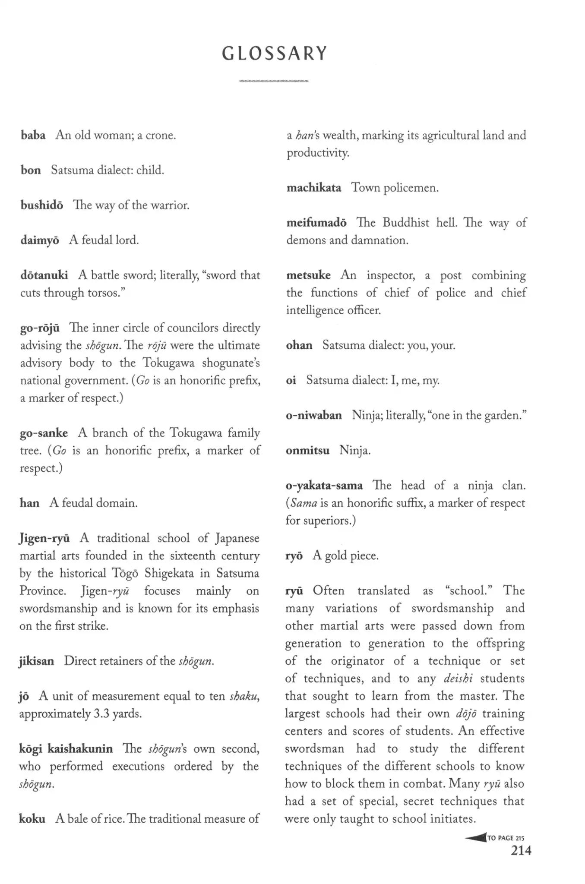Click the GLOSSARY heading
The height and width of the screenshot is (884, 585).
[x=275, y=54]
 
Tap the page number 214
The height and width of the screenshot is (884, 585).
[x=521, y=851]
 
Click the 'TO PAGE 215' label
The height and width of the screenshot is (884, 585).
[x=506, y=838]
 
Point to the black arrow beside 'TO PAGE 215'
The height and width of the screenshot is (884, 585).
[x=476, y=838]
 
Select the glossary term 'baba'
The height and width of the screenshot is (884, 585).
[x=33, y=136]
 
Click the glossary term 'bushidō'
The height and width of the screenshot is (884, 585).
[x=42, y=205]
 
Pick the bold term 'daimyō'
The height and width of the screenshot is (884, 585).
[x=40, y=240]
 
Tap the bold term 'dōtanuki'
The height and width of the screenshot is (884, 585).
[x=44, y=275]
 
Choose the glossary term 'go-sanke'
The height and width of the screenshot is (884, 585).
[x=44, y=433]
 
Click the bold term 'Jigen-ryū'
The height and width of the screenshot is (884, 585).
[x=44, y=538]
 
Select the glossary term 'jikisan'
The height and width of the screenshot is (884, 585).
[x=37, y=661]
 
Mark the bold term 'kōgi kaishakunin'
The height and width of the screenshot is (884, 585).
[x=66, y=748]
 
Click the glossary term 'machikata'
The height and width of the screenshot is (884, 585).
[x=314, y=188]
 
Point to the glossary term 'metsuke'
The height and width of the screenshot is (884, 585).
[x=308, y=275]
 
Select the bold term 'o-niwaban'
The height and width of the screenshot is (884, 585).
[x=314, y=415]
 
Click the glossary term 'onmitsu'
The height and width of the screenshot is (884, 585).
[x=307, y=451]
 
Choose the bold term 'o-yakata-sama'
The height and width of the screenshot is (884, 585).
[x=324, y=486]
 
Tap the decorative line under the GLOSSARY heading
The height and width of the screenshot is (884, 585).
[x=274, y=81]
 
